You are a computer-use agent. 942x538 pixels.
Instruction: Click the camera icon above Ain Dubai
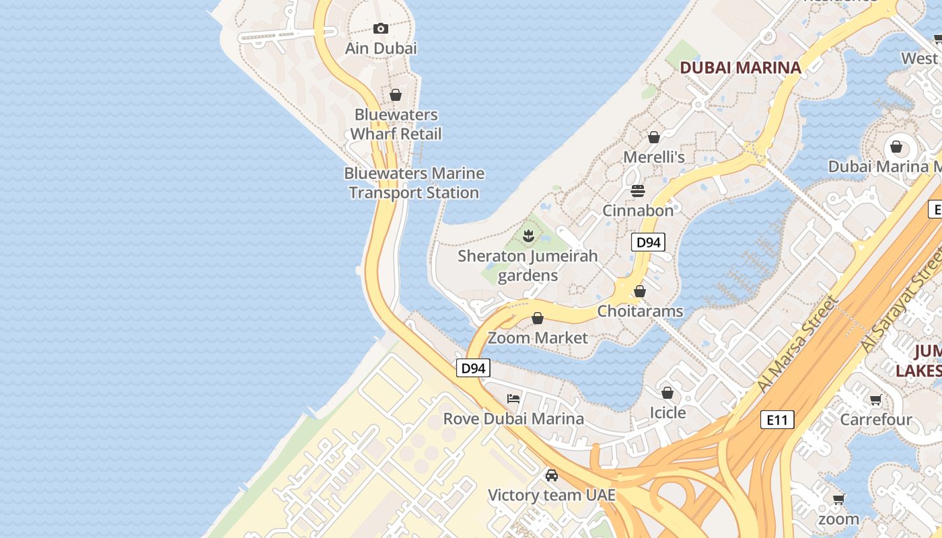381,28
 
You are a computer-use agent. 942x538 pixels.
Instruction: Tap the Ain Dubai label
381,48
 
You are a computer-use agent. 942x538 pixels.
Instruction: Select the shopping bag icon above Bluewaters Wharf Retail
396,95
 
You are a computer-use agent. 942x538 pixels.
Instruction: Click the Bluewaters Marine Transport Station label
414,183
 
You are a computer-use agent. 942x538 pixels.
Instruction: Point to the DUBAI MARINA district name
740,67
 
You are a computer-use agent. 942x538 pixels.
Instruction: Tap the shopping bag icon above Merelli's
653,137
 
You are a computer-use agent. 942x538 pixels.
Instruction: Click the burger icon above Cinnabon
638,191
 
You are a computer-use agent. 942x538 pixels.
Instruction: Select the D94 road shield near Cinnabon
648,242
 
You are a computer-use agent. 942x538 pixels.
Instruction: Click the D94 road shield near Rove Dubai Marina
473,368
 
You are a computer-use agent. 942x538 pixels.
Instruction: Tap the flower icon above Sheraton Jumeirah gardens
528,235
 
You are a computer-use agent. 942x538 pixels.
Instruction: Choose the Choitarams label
640,311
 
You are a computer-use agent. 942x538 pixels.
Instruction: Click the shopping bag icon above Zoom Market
538,318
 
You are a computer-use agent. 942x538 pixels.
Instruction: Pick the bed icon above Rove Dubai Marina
513,399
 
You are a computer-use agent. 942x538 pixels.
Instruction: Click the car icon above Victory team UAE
552,475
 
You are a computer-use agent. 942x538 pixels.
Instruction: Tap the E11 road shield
777,420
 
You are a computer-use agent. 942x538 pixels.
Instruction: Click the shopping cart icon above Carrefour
875,400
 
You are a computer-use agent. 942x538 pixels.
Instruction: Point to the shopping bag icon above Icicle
667,393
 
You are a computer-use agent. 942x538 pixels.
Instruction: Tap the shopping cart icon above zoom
838,499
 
